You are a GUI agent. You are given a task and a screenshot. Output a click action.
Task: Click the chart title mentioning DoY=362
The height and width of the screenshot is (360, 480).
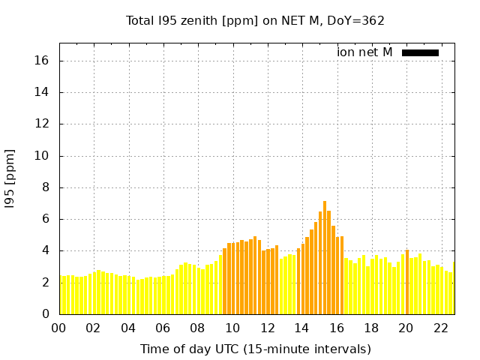(x=255, y=20)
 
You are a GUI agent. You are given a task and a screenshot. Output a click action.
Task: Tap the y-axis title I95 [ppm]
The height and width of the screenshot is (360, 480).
(x=10, y=178)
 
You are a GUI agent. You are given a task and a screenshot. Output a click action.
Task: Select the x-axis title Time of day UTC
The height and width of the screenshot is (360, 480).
(x=255, y=349)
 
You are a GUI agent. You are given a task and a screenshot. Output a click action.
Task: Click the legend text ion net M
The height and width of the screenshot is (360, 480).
(x=364, y=52)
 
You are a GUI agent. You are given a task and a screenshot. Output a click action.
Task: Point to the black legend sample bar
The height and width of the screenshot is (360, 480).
(x=420, y=52)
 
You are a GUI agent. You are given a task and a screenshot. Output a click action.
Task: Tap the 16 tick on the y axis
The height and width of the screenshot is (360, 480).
(x=43, y=61)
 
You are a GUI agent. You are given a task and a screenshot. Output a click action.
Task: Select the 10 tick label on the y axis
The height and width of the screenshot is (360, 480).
(x=43, y=156)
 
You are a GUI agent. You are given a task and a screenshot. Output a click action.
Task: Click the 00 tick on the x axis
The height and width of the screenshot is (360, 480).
(x=58, y=328)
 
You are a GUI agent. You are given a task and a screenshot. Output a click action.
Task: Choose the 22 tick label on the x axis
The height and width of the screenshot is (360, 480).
(x=440, y=328)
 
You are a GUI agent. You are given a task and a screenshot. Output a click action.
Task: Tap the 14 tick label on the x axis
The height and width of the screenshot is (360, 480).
(x=301, y=328)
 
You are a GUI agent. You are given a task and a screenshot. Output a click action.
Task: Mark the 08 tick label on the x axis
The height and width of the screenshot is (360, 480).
(x=197, y=328)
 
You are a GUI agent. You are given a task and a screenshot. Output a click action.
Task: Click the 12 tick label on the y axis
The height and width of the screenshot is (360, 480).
(x=43, y=124)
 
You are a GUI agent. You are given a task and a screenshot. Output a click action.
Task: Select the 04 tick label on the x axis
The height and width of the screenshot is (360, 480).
(x=128, y=328)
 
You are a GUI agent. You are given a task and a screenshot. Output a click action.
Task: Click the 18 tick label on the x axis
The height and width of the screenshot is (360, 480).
(x=370, y=328)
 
